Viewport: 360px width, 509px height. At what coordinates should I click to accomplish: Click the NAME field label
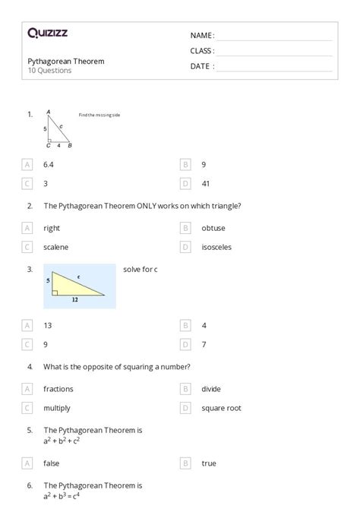tap(202, 35)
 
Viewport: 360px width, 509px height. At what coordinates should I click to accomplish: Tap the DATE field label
tap(201, 66)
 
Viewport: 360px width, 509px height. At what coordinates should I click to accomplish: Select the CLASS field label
tap(202, 51)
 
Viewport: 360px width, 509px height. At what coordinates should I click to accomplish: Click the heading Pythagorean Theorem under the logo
tap(66, 61)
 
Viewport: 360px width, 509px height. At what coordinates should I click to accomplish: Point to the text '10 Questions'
tap(49, 71)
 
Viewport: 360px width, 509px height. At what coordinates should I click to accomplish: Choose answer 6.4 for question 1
tap(49, 164)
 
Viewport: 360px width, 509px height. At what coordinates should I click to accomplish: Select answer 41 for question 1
tap(206, 183)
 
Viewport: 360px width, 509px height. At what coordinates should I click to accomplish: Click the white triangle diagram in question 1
tap(58, 129)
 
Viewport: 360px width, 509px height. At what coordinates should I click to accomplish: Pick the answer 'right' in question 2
tap(52, 228)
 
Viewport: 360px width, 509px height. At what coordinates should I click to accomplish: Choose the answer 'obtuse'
tap(213, 228)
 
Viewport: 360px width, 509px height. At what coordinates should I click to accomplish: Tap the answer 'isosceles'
tap(216, 247)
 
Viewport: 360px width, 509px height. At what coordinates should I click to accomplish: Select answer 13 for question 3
tap(47, 325)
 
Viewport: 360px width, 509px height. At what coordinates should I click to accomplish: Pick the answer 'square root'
tap(221, 408)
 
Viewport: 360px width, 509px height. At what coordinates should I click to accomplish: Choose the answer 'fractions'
tap(58, 389)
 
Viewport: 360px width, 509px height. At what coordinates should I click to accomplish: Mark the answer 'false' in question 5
tap(52, 463)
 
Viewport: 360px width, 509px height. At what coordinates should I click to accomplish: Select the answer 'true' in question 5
tap(209, 463)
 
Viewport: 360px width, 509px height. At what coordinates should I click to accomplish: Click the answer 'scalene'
tap(55, 247)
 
